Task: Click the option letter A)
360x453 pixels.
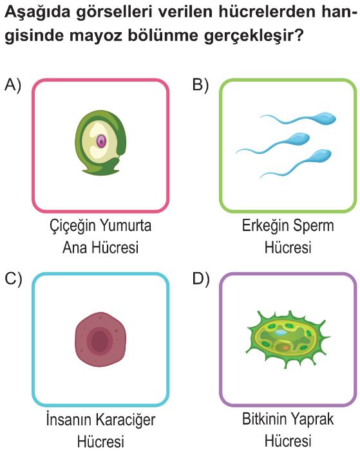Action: tap(13, 85)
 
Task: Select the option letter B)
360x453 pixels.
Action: tap(200, 85)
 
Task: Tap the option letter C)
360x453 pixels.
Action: tap(14, 279)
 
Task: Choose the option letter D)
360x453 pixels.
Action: tap(201, 279)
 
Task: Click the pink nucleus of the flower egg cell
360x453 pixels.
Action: tap(101, 142)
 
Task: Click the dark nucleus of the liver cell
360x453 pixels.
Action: tap(100, 340)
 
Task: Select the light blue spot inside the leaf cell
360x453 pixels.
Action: tap(281, 333)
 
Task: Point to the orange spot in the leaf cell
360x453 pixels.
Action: tap(285, 348)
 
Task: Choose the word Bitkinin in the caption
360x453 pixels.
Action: tap(260, 419)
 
